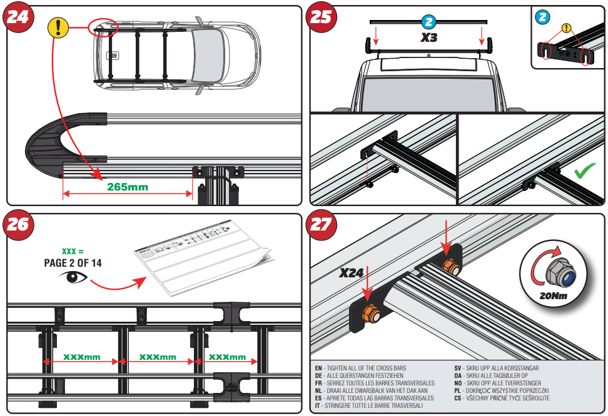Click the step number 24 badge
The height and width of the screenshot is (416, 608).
pyautogui.click(x=18, y=17)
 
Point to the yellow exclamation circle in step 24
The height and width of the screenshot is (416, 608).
pyautogui.click(x=58, y=28)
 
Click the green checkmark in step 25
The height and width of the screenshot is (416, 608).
pyautogui.click(x=585, y=171)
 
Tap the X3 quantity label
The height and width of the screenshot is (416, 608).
pyautogui.click(x=428, y=37)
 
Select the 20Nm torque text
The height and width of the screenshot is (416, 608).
pyautogui.click(x=553, y=295)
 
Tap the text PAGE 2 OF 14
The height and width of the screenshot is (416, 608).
pyautogui.click(x=73, y=263)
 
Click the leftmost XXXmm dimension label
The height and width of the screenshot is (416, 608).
pyautogui.click(x=81, y=357)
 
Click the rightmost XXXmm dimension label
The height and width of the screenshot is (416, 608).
pyautogui.click(x=227, y=357)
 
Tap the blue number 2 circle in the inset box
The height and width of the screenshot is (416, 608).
pyautogui.click(x=542, y=17)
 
